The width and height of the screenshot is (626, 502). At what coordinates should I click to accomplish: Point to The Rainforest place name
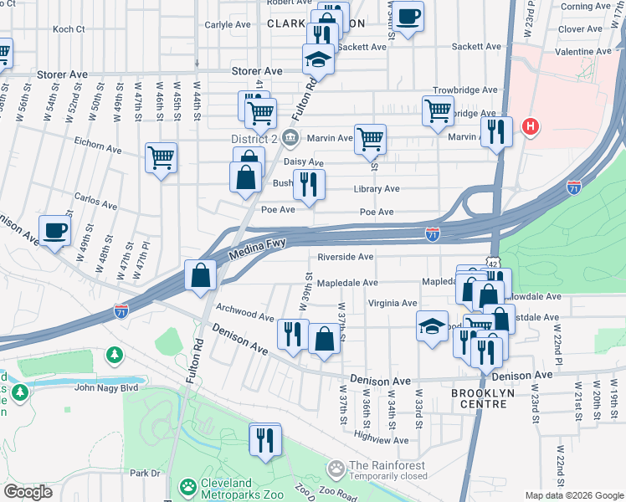387,466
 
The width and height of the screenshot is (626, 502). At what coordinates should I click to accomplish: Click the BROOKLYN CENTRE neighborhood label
490,398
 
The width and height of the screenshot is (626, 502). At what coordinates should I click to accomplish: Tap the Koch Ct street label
69,28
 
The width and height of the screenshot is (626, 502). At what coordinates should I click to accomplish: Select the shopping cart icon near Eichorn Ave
161,156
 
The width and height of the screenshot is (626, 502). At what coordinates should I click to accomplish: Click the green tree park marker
114,356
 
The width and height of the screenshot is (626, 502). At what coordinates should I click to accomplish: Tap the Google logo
28,491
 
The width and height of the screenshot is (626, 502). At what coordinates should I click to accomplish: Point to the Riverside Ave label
345,257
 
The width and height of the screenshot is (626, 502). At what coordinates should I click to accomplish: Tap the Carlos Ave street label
95,202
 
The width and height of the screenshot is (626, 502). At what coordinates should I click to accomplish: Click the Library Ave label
377,189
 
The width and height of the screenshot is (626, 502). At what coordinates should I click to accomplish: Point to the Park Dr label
145,473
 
